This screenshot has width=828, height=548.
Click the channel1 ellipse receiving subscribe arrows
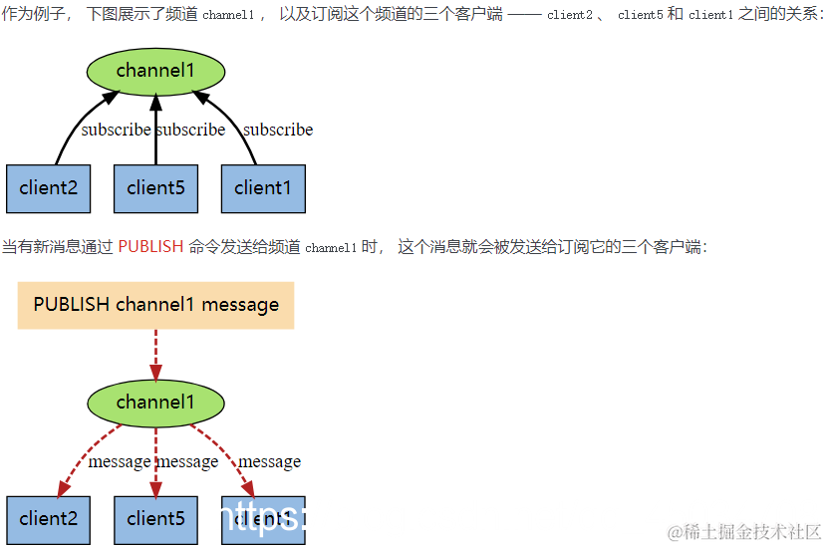coord(155,71)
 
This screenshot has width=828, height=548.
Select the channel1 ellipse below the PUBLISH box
coord(155,404)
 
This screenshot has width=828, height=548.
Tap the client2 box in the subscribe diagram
coord(48,188)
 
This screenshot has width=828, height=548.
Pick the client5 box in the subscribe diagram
coord(155,188)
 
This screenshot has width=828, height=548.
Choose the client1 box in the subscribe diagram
coord(263,188)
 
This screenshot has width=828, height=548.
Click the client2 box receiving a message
coord(48,519)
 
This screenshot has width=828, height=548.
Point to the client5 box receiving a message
coord(155,519)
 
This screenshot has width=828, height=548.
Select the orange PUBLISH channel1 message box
coord(155,305)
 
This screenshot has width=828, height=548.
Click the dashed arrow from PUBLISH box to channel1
coord(155,354)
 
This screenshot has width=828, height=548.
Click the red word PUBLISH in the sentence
coord(150,247)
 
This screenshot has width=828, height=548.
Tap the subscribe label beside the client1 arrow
coord(278,130)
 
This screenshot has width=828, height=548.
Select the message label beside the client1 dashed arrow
coord(269,461)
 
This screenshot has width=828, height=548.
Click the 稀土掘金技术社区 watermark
coord(744,531)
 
